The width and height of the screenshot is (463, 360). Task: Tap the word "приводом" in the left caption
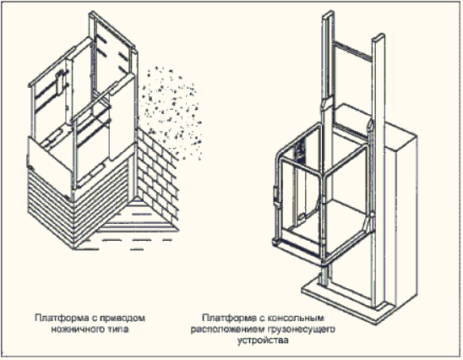coord(123,319)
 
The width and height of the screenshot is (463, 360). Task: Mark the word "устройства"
coord(263,341)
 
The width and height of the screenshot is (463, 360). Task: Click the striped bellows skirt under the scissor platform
coord(79,204)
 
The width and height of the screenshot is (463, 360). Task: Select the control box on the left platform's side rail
coord(60,81)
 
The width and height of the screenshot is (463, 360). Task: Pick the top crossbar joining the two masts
coord(352,49)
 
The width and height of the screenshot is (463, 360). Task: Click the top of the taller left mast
coord(328,14)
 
